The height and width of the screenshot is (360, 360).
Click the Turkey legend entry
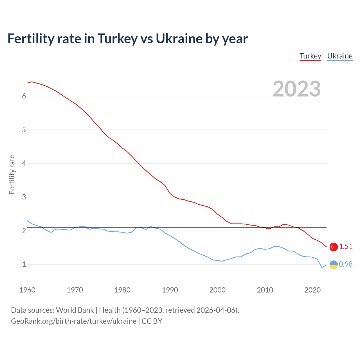click(x=310, y=56)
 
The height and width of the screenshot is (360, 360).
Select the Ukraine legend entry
click(x=340, y=56)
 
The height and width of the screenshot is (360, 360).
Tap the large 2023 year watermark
click(x=297, y=89)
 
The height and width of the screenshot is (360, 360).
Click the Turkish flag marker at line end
click(x=334, y=247)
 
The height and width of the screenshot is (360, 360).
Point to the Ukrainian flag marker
click(x=334, y=265)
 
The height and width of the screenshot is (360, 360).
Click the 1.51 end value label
click(x=346, y=246)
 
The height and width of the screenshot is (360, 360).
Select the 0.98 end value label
click(x=346, y=264)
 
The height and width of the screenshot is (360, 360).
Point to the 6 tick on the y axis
click(x=24, y=96)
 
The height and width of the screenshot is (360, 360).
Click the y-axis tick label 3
click(x=24, y=197)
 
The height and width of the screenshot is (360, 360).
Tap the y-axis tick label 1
click(x=24, y=264)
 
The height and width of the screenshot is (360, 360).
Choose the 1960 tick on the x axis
click(x=27, y=290)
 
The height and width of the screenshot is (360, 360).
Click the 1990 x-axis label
click(x=170, y=290)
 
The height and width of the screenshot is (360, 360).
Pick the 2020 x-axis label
click(x=312, y=290)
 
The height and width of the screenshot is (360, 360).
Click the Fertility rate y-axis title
click(x=12, y=174)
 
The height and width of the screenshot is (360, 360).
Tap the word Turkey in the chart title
click(x=118, y=39)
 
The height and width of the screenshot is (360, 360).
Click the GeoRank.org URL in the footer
click(x=74, y=321)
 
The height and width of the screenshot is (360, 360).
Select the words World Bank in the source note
click(x=75, y=310)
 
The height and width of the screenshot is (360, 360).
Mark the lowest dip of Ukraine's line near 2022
click(x=322, y=267)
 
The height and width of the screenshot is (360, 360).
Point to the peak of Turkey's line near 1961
click(x=32, y=82)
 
